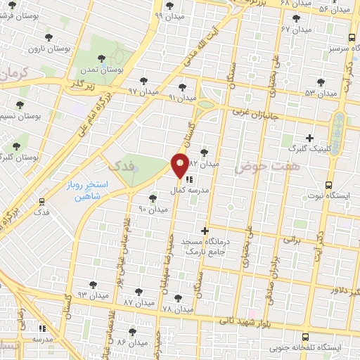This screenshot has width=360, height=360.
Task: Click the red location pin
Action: [x=180, y=165]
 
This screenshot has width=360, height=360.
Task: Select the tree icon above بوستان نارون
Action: [x=47, y=37]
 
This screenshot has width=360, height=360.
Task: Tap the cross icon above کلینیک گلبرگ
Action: [x=309, y=138]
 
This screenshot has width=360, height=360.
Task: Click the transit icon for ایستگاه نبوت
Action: [x=328, y=186]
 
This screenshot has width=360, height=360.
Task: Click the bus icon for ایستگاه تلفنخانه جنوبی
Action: [x=306, y=337]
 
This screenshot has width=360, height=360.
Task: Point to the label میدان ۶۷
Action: [x=295, y=30]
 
